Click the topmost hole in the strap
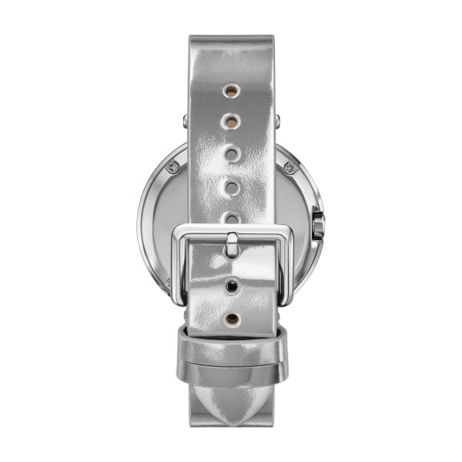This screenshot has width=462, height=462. (x=229, y=91)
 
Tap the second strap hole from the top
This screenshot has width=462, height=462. (x=229, y=121)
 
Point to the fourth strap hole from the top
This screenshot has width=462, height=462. (x=229, y=186)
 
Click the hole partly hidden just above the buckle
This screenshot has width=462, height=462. (x=229, y=218)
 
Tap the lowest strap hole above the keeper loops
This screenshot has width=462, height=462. (x=231, y=317)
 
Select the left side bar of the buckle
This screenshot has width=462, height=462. (x=179, y=262)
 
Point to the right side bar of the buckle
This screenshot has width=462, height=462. (x=284, y=262)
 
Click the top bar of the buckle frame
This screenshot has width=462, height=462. (x=231, y=231)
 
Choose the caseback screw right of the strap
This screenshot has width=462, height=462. (x=290, y=166)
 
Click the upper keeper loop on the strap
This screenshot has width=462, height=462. (x=231, y=338)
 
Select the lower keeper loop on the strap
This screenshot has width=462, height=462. (x=231, y=373)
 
